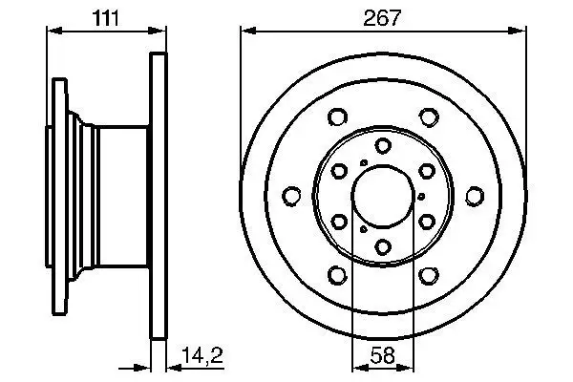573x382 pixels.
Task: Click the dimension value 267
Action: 382,16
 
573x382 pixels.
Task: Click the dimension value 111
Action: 105,16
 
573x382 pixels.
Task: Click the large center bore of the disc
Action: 382,197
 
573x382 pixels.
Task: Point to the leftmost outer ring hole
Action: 290,197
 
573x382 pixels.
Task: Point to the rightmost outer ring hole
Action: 475,197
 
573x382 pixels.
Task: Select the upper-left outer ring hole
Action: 336,117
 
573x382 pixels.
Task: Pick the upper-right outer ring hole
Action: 429,117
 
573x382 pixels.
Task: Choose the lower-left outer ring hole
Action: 336,276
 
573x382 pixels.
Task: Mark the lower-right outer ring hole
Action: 429,276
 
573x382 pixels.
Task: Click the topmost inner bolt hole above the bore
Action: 382,145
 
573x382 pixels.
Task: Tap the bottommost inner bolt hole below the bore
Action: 382,248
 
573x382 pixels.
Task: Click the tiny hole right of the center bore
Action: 422,197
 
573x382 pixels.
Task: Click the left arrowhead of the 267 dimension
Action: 244,32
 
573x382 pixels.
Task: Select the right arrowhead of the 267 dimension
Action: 520,32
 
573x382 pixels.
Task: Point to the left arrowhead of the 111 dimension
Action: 52,32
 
